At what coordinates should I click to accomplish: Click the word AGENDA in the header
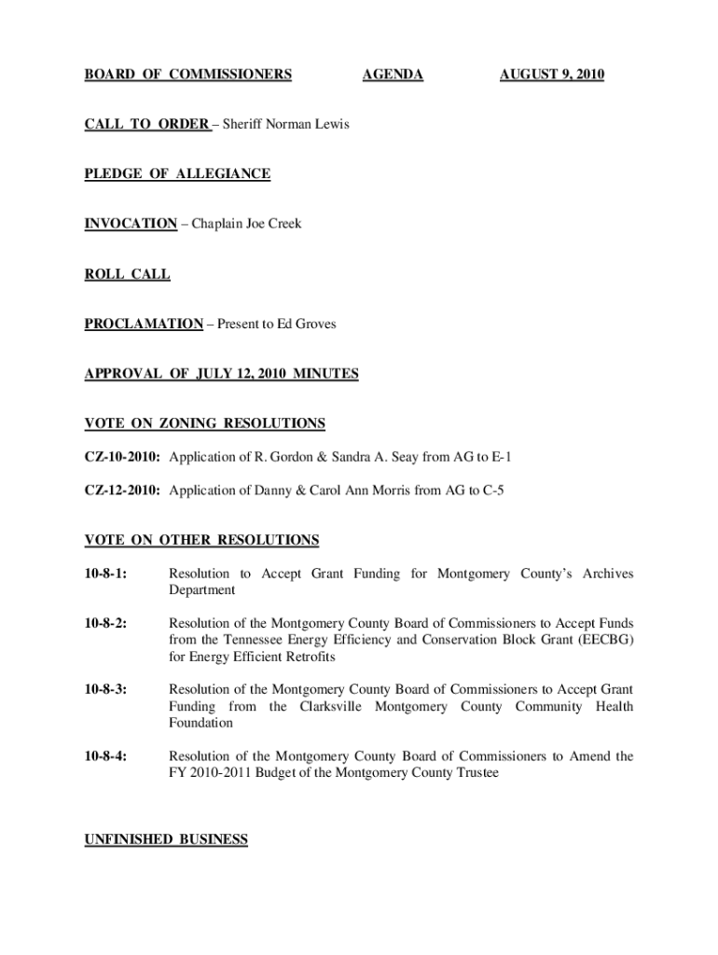[x=393, y=75]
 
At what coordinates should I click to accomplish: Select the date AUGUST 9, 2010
[x=552, y=75]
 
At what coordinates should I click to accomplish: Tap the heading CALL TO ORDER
[x=146, y=124]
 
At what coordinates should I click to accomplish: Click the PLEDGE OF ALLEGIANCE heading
[x=177, y=174]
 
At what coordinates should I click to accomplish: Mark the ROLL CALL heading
[x=127, y=274]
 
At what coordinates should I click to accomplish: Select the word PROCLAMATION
[x=144, y=325]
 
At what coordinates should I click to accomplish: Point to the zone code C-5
[x=494, y=491]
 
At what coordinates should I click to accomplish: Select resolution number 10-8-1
[x=106, y=574]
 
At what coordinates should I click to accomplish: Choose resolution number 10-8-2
[x=106, y=623]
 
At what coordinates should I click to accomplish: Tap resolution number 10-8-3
[x=106, y=689]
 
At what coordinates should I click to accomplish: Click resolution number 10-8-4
[x=106, y=756]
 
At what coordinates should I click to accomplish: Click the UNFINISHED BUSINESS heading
[x=166, y=840]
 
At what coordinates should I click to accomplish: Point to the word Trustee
[x=473, y=773]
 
